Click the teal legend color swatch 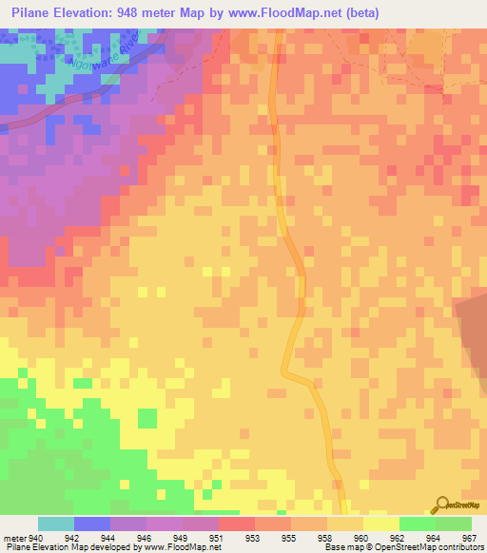point(56,524)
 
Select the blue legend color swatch point(92,524)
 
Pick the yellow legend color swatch point(381,524)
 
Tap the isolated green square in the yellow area point(147,417)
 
